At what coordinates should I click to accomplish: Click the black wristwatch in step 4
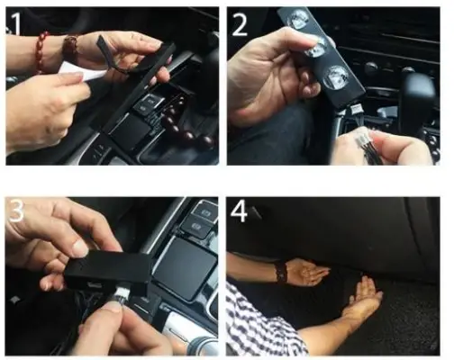282,271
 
